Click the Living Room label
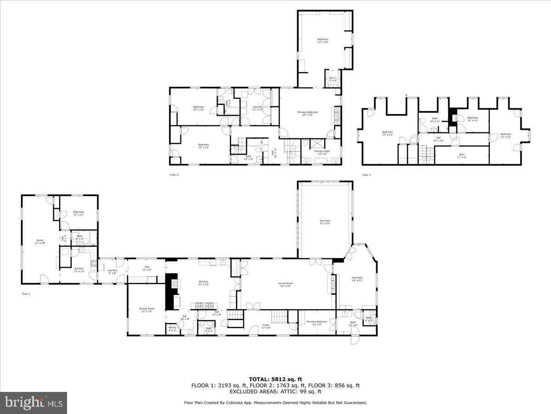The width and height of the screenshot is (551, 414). (x=285, y=285)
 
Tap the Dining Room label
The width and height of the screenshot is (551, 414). (x=147, y=310)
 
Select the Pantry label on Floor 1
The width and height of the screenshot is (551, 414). (x=172, y=328)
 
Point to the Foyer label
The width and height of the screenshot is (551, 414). (x=266, y=326)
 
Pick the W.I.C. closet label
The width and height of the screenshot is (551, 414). (x=333, y=79)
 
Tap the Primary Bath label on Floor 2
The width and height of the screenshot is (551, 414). (x=322, y=152)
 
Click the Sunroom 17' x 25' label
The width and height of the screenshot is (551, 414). (x=325, y=222)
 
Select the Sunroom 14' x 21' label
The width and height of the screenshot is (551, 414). (x=357, y=279)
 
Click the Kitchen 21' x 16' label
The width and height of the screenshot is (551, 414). (x=203, y=283)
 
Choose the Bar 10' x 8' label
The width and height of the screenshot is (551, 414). (x=185, y=317)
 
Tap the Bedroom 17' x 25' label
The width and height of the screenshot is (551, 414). (x=323, y=40)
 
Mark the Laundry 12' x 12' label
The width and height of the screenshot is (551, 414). (x=257, y=108)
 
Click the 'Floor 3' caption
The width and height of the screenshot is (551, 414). (x=366, y=175)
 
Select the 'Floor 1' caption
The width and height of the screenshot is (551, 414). (x=26, y=293)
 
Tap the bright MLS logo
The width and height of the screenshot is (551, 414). (x=34, y=403)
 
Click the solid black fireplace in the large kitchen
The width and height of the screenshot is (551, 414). (x=172, y=291)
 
